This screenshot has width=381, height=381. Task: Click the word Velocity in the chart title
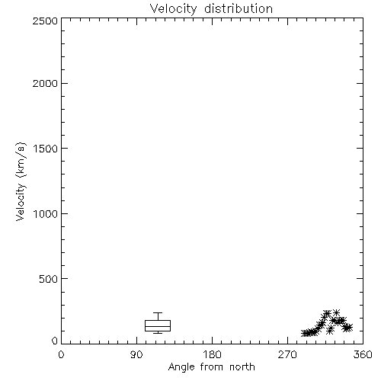pyautogui.click(x=173, y=9)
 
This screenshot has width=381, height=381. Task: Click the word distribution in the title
pyautogui.click(x=239, y=8)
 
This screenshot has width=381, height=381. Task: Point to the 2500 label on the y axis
pyautogui.click(x=45, y=21)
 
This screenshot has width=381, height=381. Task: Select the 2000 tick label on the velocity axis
pyautogui.click(x=45, y=83)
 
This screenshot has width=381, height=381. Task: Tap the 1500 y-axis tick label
pyautogui.click(x=46, y=149)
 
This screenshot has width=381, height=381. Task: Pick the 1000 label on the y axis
pyautogui.click(x=46, y=214)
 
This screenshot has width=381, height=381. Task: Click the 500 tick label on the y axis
pyautogui.click(x=49, y=279)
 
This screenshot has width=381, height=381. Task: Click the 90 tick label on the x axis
pyautogui.click(x=136, y=354)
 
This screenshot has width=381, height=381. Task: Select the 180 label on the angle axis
pyautogui.click(x=212, y=354)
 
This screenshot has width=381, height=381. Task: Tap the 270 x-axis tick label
pyautogui.click(x=287, y=354)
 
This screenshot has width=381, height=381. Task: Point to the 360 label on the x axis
pyautogui.click(x=363, y=354)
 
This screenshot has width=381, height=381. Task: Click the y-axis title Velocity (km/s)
pyautogui.click(x=21, y=181)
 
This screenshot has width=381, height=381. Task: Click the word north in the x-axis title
pyautogui.click(x=242, y=367)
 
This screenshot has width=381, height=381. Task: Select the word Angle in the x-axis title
pyautogui.click(x=181, y=367)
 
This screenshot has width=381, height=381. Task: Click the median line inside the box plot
pyautogui.click(x=158, y=326)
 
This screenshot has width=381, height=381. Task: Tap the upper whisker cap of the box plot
pyautogui.click(x=158, y=313)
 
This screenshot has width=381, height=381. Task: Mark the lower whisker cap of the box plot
pyautogui.click(x=158, y=333)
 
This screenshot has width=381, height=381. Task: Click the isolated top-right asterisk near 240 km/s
pyautogui.click(x=336, y=313)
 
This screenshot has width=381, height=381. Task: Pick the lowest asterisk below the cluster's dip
pyautogui.click(x=330, y=330)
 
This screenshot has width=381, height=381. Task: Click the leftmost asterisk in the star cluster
pyautogui.click(x=305, y=333)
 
